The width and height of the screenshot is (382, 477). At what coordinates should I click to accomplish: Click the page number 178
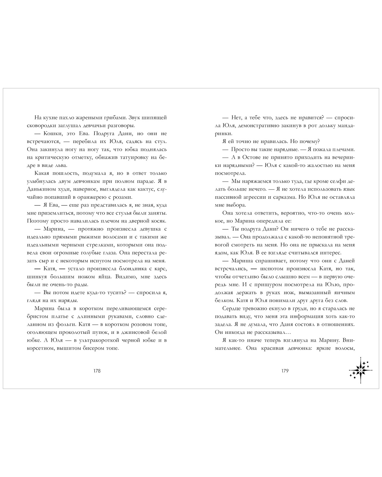pos(97,371)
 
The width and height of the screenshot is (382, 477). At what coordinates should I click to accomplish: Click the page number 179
pos(285,371)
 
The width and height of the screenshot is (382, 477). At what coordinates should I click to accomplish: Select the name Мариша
pos(242,261)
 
